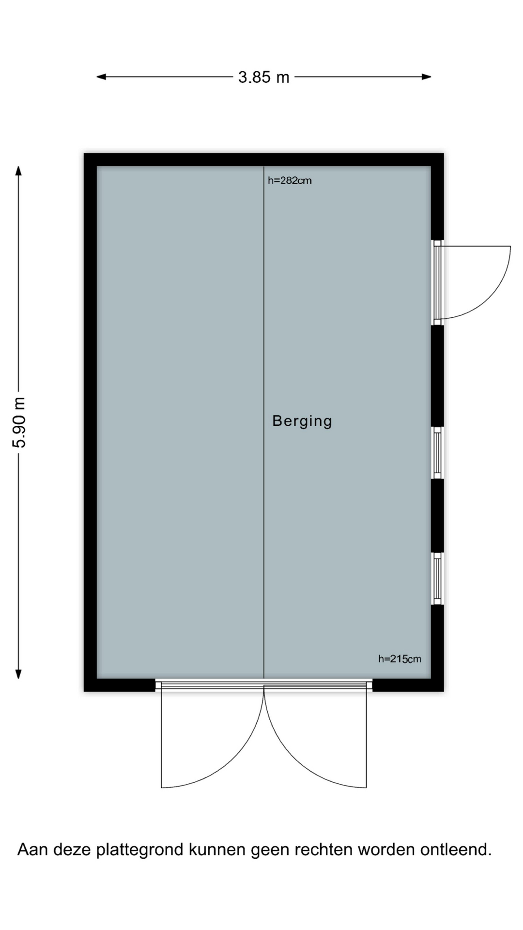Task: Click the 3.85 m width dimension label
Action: (x=263, y=77)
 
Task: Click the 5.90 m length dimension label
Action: (x=20, y=422)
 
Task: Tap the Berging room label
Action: (x=302, y=421)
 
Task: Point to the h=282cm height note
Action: (x=290, y=181)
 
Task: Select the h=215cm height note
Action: (x=400, y=659)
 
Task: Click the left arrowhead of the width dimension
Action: (x=101, y=77)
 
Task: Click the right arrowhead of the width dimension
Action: (x=426, y=77)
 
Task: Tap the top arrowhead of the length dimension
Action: (x=18, y=170)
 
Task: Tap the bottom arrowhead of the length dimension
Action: (x=18, y=674)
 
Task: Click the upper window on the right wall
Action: (x=437, y=453)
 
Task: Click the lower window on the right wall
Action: (x=437, y=579)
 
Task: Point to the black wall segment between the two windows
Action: (x=437, y=516)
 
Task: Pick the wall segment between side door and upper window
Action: (x=437, y=376)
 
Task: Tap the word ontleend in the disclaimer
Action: (x=456, y=850)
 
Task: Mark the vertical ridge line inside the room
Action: (x=264, y=422)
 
